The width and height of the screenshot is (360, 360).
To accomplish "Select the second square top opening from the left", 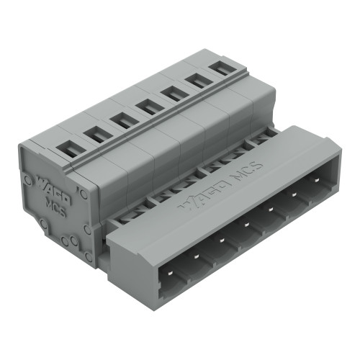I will [94, 134].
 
